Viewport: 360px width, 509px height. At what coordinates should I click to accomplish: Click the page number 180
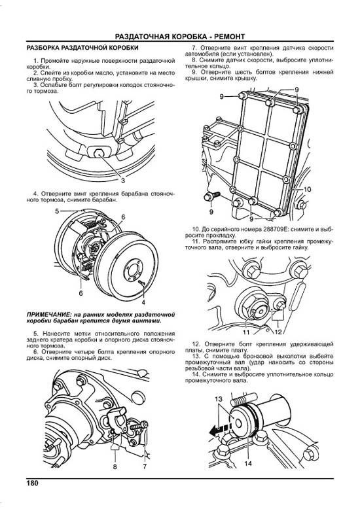pyautogui.click(x=32, y=483)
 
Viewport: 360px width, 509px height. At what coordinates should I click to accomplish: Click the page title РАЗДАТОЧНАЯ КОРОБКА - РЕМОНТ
pyautogui.click(x=180, y=37)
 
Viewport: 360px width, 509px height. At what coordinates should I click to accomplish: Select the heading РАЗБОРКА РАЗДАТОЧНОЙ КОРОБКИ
pyautogui.click(x=82, y=48)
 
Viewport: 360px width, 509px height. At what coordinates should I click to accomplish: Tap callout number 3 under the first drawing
pyautogui.click(x=124, y=181)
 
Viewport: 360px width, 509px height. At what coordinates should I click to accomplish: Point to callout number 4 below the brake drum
pyautogui.click(x=57, y=211)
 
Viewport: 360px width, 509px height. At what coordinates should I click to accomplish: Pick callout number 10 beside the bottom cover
pyautogui.click(x=246, y=332)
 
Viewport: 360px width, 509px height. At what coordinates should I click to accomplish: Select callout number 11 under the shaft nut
pyautogui.click(x=278, y=332)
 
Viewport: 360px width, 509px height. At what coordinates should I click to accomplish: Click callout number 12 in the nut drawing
pyautogui.click(x=219, y=399)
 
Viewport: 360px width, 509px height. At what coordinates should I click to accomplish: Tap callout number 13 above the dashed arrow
pyautogui.click(x=248, y=464)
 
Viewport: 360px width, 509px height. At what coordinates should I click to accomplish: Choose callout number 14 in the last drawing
pyautogui.click(x=145, y=466)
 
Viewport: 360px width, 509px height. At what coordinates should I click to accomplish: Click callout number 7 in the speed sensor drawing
pyautogui.click(x=115, y=466)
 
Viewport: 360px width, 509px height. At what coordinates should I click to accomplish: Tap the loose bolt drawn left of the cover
pyautogui.click(x=274, y=229)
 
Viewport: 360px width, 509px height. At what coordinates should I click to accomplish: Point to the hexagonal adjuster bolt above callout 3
pyautogui.click(x=142, y=283)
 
